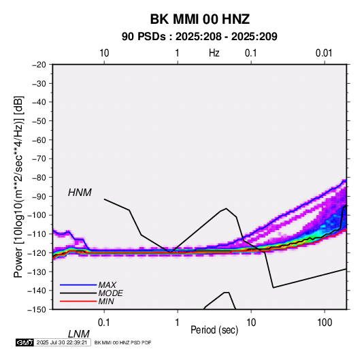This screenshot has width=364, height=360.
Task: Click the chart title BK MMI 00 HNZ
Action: point(200,19)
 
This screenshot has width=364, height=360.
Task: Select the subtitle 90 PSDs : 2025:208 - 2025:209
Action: point(199,37)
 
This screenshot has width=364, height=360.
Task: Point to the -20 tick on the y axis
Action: point(39,65)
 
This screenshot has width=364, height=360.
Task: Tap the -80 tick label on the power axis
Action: point(39,178)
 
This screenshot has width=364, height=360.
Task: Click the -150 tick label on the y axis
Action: point(37,310)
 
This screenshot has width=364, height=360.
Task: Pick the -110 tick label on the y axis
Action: point(37,234)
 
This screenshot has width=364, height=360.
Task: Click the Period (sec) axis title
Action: point(214,330)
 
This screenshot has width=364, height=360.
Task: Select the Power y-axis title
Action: point(18,186)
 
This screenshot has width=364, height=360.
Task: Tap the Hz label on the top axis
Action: point(214,53)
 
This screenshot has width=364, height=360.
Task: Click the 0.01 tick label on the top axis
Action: point(324,53)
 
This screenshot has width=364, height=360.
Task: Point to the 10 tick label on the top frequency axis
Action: point(104,53)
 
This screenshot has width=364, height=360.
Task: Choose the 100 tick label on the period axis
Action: point(325,323)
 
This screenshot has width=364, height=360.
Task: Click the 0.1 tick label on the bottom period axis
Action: point(103,323)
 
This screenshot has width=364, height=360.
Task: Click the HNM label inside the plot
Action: point(80,193)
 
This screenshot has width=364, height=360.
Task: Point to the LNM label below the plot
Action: point(78,334)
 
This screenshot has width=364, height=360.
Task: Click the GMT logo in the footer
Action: point(24,342)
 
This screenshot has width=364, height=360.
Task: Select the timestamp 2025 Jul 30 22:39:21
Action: point(62,342)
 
